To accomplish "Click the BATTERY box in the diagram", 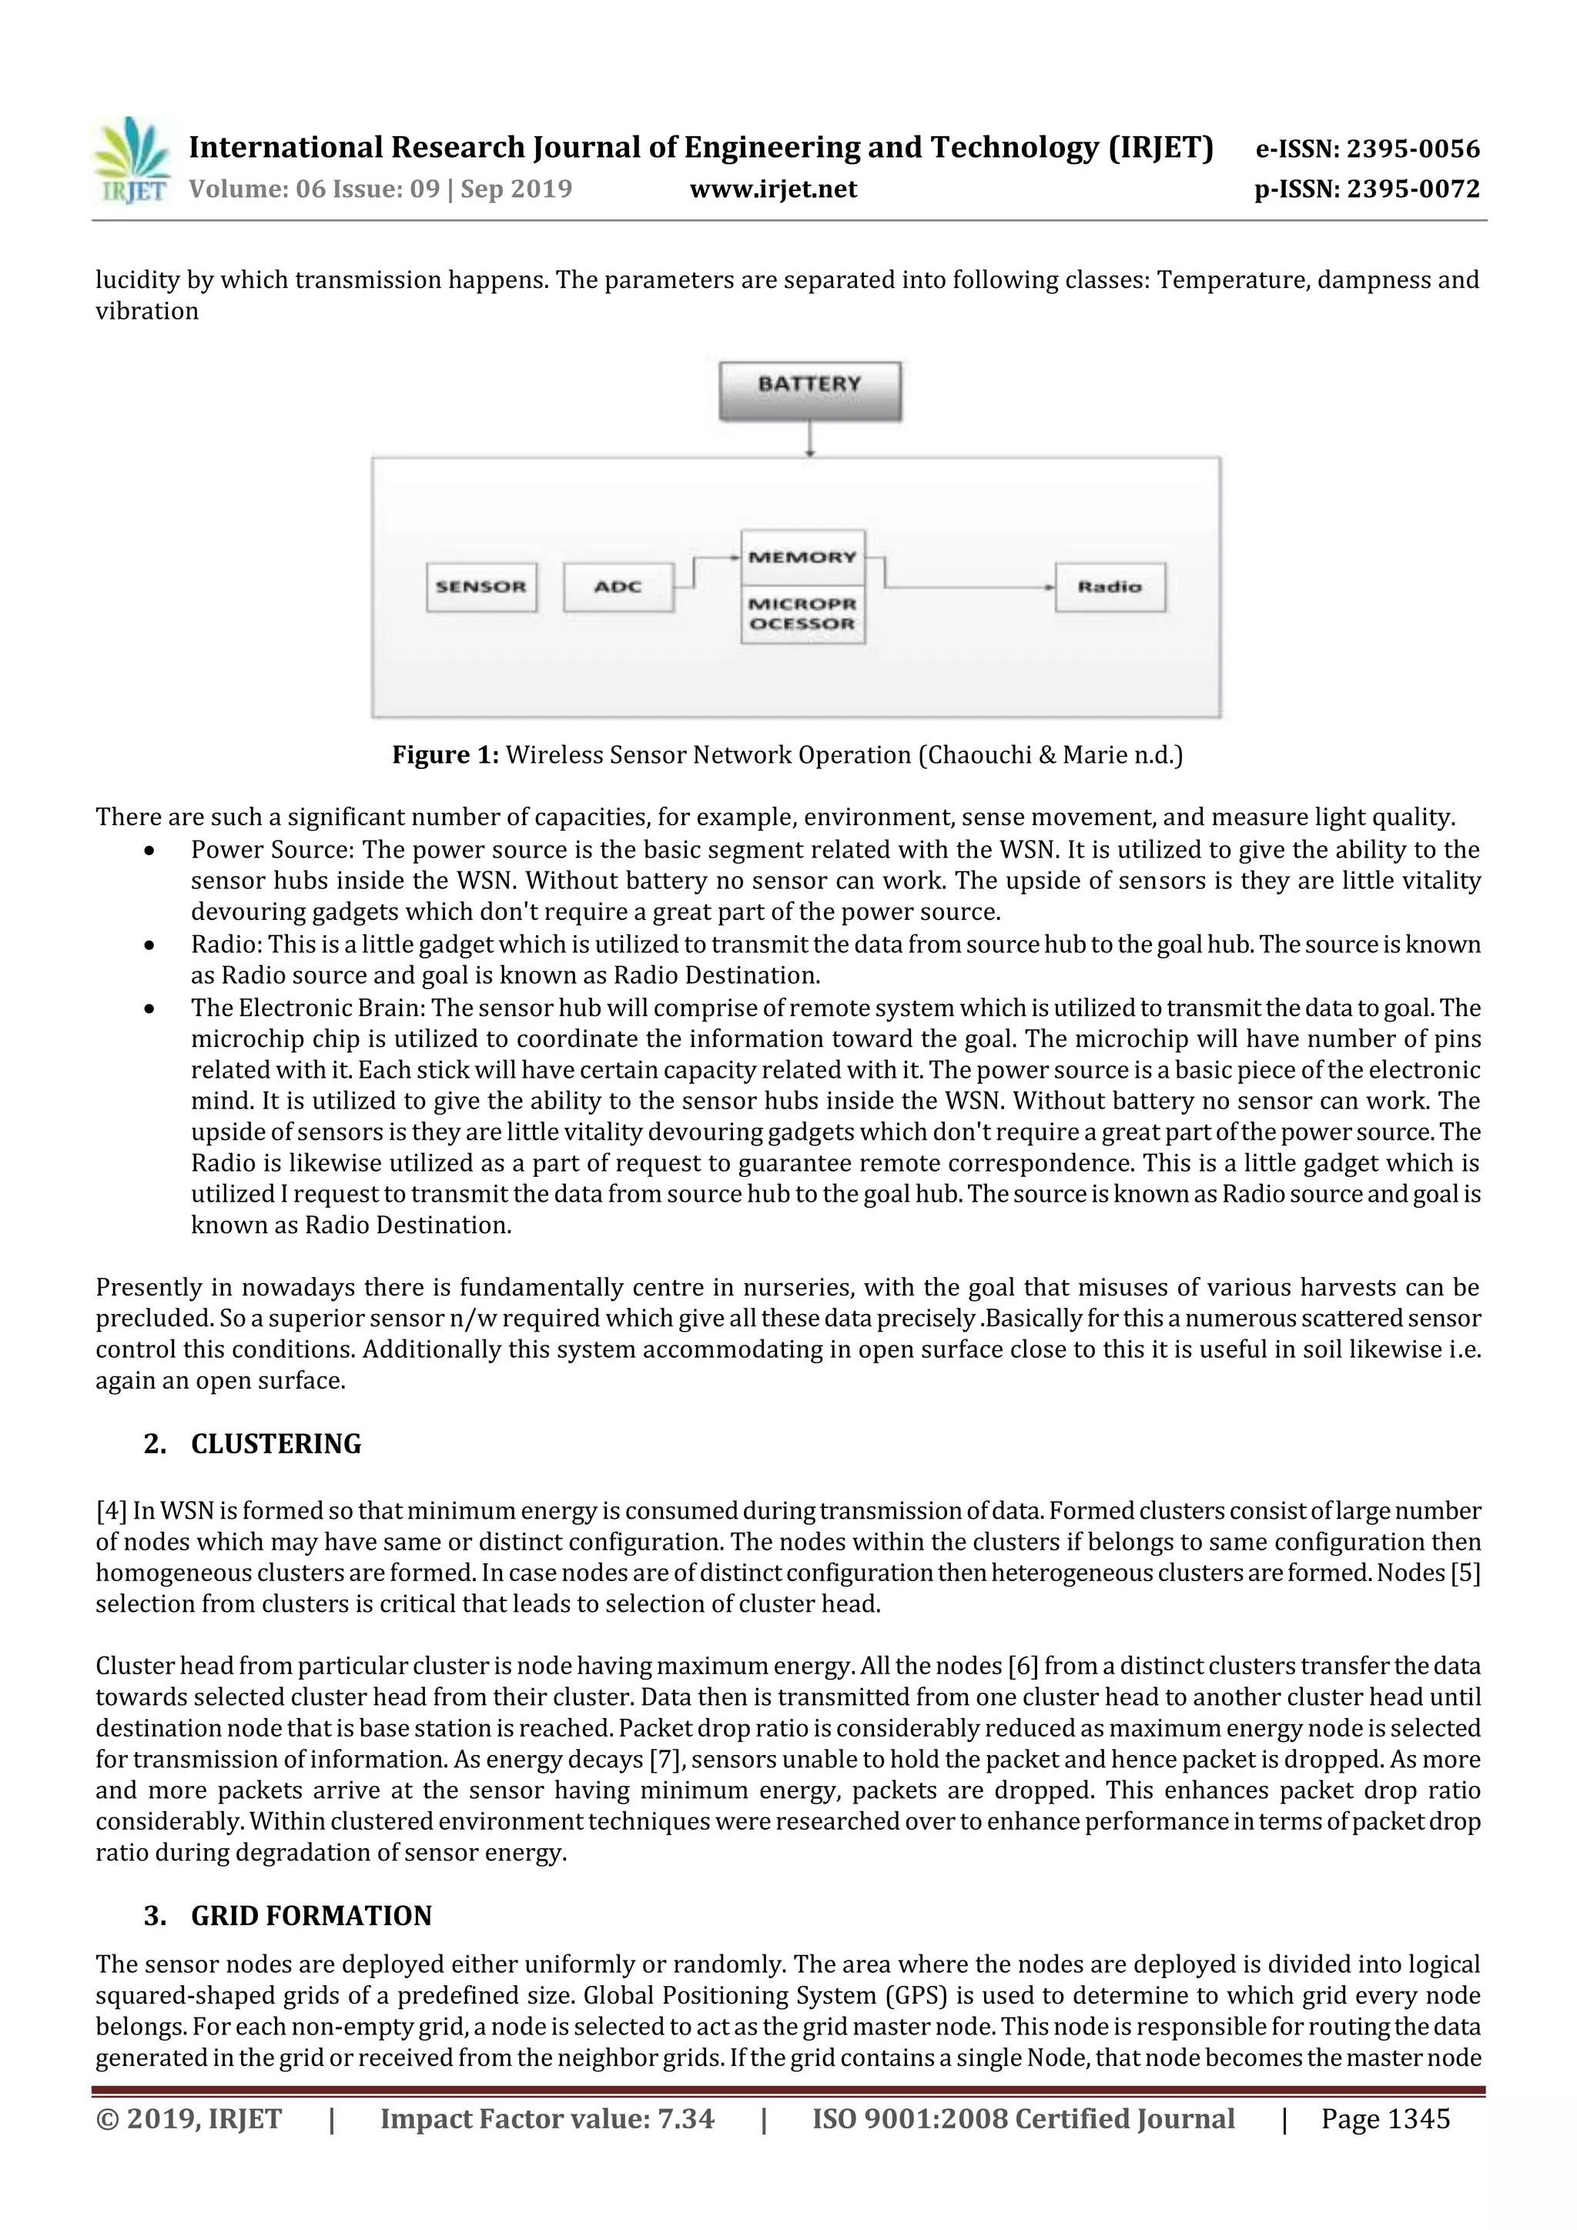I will (809, 390).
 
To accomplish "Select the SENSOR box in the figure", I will (481, 587).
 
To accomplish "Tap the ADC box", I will (618, 587).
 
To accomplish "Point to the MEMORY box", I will (802, 557).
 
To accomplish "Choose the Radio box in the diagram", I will (1110, 587).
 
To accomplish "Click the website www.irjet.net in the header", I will (773, 189).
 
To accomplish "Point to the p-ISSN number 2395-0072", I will (1413, 189).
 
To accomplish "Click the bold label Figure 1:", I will (445, 754).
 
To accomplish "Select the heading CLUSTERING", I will (276, 1444).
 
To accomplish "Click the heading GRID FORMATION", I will (311, 1915).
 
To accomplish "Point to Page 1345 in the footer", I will (1384, 2119).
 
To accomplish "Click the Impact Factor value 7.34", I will (685, 2119).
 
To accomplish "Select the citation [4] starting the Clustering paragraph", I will (111, 1511).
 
